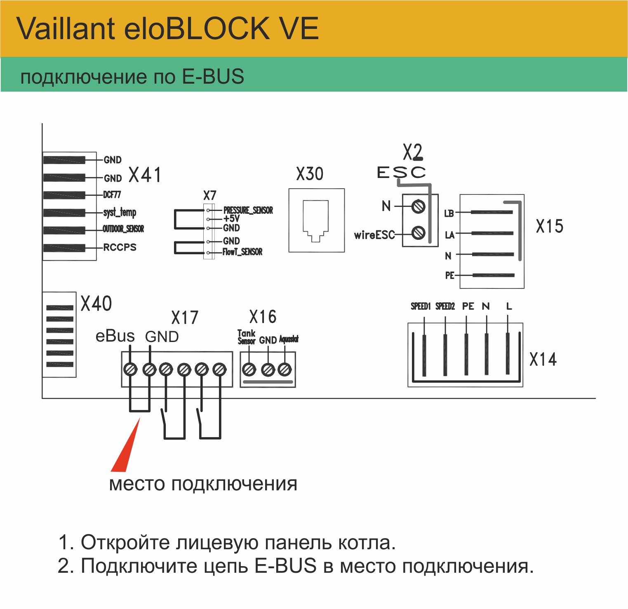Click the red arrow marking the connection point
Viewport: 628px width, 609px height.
point(124,449)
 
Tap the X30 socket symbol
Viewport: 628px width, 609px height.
point(316,220)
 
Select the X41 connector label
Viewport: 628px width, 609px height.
point(145,175)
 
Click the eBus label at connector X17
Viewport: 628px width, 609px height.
point(115,336)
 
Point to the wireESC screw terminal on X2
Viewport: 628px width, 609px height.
point(419,233)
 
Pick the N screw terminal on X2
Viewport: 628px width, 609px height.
point(419,206)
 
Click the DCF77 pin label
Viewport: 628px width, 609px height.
point(112,194)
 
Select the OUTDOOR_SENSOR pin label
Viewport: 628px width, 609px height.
point(123,229)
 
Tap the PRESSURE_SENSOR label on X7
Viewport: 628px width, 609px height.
point(248,210)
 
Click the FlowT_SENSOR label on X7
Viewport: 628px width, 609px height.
point(242,252)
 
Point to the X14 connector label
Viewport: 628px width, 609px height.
point(543,359)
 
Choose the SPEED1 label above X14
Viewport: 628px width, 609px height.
point(421,306)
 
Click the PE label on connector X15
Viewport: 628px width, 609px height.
point(449,275)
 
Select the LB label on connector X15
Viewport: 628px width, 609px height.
point(449,213)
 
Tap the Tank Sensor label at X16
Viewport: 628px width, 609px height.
point(246,337)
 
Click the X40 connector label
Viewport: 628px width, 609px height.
point(96,304)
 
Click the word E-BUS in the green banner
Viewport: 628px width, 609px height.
point(213,77)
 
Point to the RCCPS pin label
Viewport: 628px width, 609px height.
point(120,247)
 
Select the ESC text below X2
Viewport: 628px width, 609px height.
point(401,172)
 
